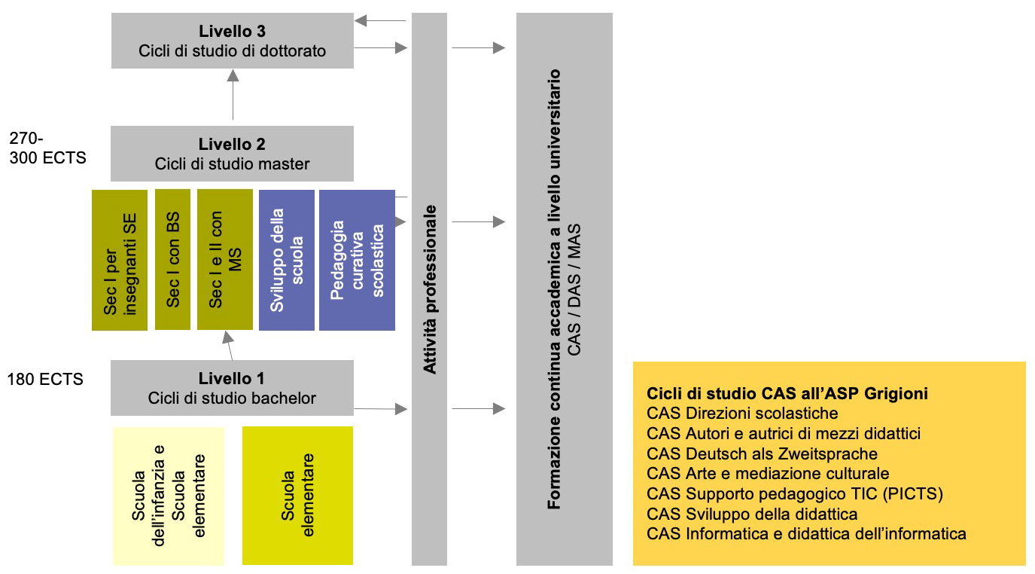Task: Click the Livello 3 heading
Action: point(232,32)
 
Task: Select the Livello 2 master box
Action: point(232,154)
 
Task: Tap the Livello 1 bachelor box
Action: point(232,388)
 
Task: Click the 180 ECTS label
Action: point(45,380)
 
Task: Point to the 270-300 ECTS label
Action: point(47,148)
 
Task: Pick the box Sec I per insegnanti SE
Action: point(119,260)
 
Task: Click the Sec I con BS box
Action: point(172,260)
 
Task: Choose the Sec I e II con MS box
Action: point(224,260)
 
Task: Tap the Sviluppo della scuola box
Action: point(286,260)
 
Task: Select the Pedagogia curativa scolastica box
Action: point(357,260)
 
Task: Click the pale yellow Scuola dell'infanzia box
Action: point(169,496)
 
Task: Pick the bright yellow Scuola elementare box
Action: point(297,495)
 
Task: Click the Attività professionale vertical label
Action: point(429,290)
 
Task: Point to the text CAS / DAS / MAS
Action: point(574,290)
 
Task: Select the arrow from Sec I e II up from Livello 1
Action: point(228,346)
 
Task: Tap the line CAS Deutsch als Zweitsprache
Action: point(762,453)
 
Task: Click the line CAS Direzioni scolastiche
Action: point(742,414)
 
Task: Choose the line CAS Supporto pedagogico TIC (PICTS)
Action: point(795,494)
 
